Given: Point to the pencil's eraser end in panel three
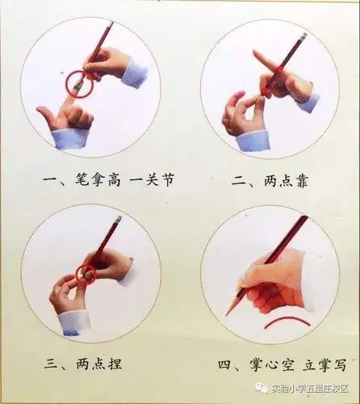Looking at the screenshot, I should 118,220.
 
